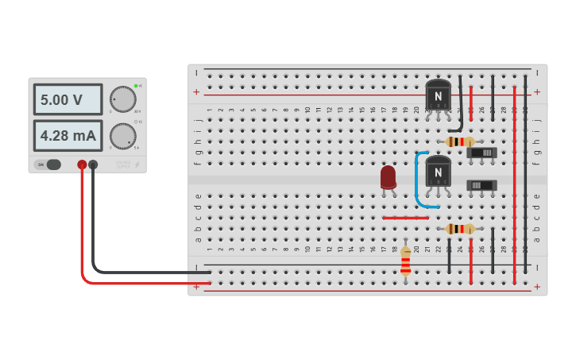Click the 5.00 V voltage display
click(68, 100)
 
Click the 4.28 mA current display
click(68, 136)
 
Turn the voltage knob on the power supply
click(122, 99)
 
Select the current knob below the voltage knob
click(122, 136)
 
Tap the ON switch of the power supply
click(48, 165)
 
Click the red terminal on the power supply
click(82, 165)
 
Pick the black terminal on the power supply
click(93, 165)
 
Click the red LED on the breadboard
click(388, 177)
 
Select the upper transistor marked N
click(437, 96)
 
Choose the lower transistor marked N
click(437, 171)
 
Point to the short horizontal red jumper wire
click(404, 217)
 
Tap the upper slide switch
click(481, 153)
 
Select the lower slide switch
click(481, 185)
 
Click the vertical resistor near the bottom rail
click(405, 261)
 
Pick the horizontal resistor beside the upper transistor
click(460, 141)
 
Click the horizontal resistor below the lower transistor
click(460, 229)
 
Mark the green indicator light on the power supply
click(136, 85)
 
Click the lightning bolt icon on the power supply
click(136, 165)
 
